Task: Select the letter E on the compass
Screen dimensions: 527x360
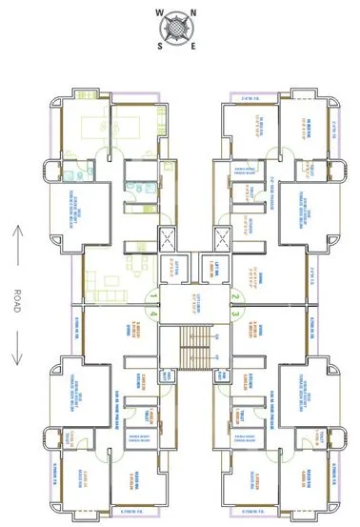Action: pos(194,44)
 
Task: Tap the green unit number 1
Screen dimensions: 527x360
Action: pos(152,295)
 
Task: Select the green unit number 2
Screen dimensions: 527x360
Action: pos(234,295)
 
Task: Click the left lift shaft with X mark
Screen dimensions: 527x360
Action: pos(168,238)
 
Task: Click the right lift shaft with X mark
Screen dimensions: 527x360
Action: pos(221,238)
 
